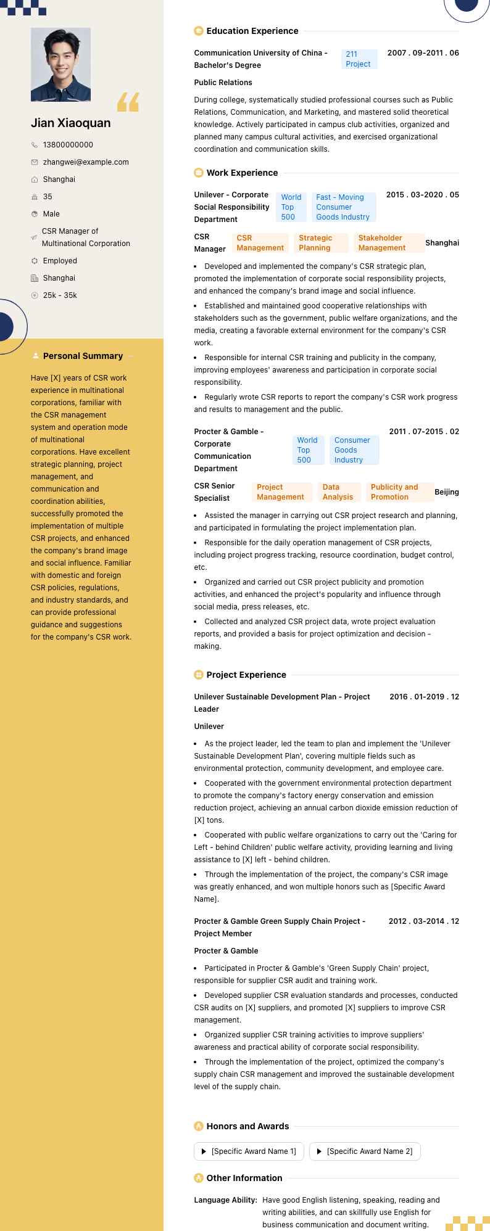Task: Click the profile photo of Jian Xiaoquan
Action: click(60, 64)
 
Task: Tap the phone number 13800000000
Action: click(68, 145)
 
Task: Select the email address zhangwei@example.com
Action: click(86, 162)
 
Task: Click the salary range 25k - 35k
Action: click(60, 295)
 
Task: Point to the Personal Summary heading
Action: click(83, 356)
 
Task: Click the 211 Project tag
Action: click(359, 59)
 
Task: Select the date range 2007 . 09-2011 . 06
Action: click(423, 53)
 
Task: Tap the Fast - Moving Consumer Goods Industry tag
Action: click(343, 207)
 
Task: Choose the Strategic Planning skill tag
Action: click(320, 243)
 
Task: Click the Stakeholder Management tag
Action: click(389, 243)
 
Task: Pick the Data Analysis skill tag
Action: click(338, 492)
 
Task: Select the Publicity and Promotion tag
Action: click(399, 492)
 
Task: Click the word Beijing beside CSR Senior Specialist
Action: click(447, 492)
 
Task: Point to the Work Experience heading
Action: click(242, 173)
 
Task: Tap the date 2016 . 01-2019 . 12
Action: click(424, 697)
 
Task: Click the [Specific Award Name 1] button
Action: click(249, 1151)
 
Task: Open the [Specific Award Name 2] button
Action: click(365, 1151)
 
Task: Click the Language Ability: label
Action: click(225, 1200)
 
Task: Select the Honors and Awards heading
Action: click(247, 1126)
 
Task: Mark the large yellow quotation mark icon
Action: click(128, 102)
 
